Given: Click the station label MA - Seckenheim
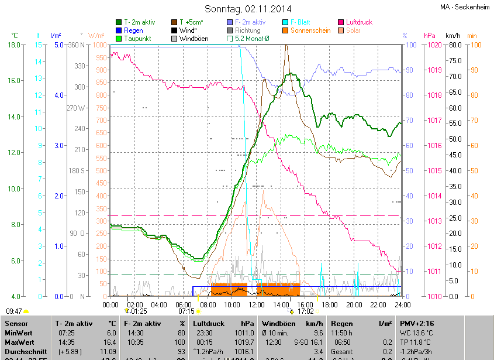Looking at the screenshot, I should (465, 7).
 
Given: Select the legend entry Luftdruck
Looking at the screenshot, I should (358, 22).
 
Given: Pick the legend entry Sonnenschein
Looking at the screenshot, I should (313, 30).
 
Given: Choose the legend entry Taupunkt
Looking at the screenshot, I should (137, 39).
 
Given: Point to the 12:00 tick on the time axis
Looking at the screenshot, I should (257, 304).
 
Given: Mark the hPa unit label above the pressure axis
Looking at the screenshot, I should (430, 35).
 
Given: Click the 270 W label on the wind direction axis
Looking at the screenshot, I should (76, 108).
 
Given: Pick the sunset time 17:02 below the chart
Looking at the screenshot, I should (306, 311).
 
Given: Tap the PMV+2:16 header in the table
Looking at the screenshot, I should (417, 323).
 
